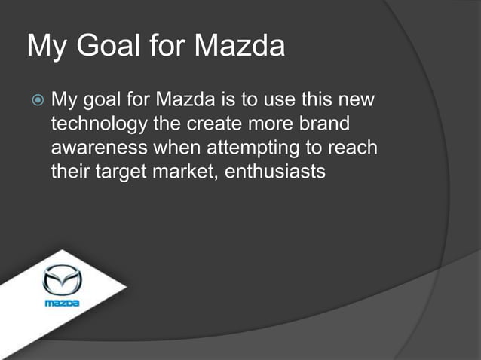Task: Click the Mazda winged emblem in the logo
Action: [x=62, y=281]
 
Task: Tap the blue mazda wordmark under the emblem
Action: [x=62, y=303]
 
